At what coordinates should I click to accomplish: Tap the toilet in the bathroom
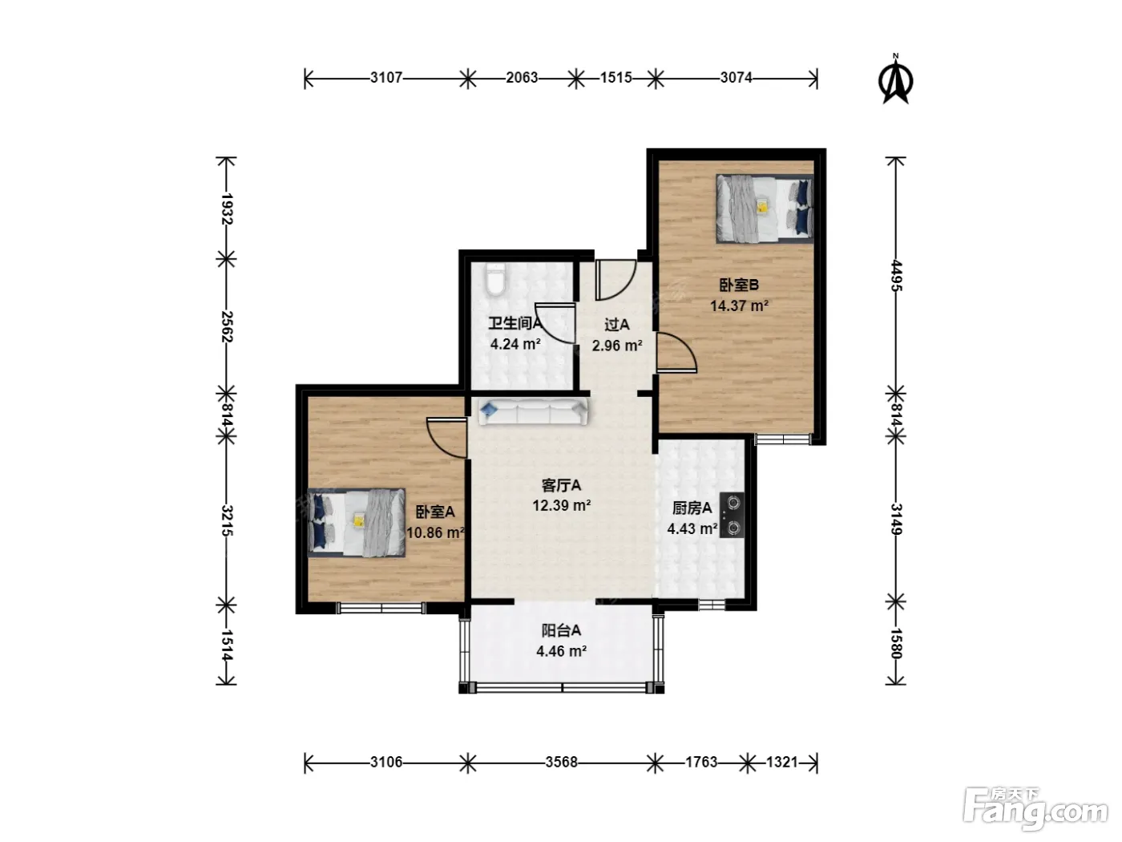point(495,279)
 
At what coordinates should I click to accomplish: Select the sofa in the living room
point(533,412)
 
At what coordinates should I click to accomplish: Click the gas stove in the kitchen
point(732,515)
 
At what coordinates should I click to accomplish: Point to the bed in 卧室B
point(765,208)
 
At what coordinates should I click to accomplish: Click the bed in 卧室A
point(357,522)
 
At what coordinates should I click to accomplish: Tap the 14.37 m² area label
point(739,306)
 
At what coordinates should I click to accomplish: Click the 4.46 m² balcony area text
point(561,651)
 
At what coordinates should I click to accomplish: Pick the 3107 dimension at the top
point(386,78)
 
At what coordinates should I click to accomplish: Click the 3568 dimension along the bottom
point(561,763)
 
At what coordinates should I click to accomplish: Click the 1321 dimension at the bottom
point(782,763)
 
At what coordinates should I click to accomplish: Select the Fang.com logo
point(1035,808)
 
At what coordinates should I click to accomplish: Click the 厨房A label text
point(692,508)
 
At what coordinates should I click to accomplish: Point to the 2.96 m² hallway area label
point(617,346)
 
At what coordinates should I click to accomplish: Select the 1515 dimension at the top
point(616,78)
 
